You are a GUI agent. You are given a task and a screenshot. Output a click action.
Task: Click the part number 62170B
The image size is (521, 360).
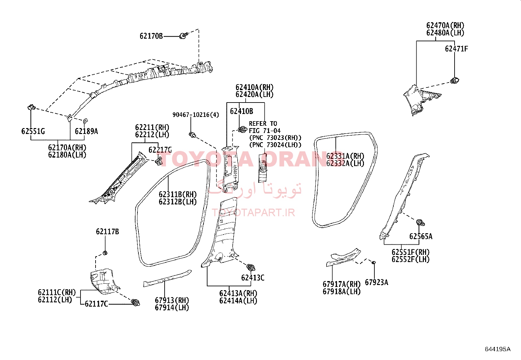[151, 36]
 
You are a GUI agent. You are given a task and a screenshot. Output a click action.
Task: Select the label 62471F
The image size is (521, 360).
[456, 49]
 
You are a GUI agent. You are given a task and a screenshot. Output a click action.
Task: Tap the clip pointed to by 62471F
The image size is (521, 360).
[455, 80]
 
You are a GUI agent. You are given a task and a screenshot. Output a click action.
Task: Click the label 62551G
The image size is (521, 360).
[33, 131]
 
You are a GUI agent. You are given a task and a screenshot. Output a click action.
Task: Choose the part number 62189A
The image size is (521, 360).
[86, 132]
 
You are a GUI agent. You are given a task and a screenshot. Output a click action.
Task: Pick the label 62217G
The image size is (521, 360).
[160, 150]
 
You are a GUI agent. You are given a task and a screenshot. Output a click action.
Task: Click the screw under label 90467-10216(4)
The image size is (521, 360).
[192, 135]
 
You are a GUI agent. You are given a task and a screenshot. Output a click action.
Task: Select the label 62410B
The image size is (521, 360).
[242, 111]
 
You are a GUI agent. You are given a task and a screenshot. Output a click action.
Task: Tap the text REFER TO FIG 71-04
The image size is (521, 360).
[265, 127]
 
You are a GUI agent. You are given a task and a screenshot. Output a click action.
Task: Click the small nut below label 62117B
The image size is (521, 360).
[105, 253]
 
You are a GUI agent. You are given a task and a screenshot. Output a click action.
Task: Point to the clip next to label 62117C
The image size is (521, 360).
[135, 302]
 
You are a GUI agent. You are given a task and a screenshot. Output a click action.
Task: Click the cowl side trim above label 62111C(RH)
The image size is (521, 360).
[103, 281]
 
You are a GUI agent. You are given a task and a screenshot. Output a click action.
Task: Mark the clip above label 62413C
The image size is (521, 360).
[250, 268]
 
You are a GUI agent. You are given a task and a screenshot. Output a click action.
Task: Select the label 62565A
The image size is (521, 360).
[421, 237]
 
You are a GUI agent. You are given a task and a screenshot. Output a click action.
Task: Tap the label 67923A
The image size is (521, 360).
[376, 282]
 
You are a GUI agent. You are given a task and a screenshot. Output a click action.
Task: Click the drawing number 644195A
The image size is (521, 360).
[497, 349]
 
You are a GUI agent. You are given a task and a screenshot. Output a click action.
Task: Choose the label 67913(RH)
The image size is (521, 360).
[172, 300]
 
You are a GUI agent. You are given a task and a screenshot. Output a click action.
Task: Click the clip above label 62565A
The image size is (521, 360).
[420, 223]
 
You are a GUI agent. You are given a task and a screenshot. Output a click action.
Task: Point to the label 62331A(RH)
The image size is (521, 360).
[345, 156]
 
